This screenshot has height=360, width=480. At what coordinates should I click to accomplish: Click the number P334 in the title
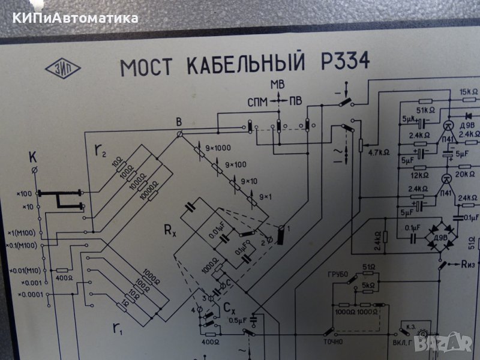[x=341, y=62]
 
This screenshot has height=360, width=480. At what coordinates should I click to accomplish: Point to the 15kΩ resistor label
[x=469, y=92]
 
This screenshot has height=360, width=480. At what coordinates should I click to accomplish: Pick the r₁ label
[x=117, y=327]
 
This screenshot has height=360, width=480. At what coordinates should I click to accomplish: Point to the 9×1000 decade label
[x=220, y=148]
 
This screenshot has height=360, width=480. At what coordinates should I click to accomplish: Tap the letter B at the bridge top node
[x=178, y=122]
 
